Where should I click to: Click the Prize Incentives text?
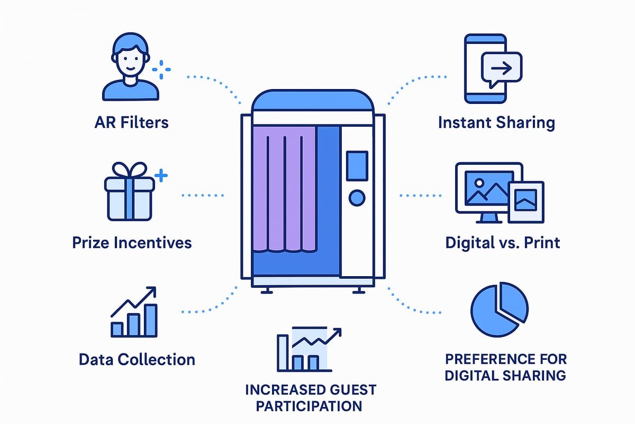coord(132,243)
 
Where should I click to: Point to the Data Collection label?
coord(137,359)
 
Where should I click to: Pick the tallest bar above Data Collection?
coord(151,320)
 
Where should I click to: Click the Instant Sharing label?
coord(496,123)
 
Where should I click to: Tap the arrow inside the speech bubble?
coord(501,68)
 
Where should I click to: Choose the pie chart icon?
coord(498,312)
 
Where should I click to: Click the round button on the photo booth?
coord(357,198)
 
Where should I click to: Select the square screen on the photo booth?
coord(357,164)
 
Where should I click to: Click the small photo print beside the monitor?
coord(526,202)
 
